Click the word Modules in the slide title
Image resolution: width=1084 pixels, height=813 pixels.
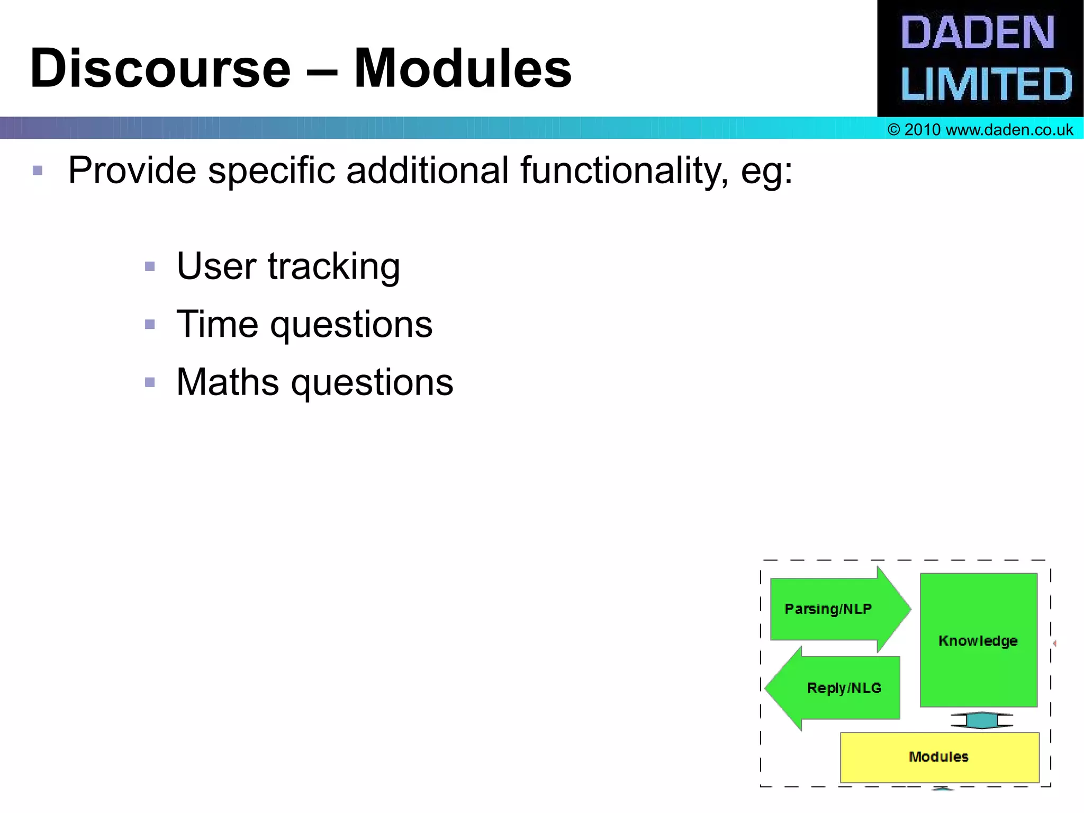(x=463, y=69)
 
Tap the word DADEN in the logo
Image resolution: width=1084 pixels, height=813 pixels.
(x=977, y=33)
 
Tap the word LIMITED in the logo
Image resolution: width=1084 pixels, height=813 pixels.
(x=986, y=85)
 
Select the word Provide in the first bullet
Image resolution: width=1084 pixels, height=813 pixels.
(x=132, y=171)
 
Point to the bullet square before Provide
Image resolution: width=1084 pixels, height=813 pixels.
(x=38, y=171)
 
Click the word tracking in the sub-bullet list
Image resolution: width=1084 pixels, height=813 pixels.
(x=333, y=266)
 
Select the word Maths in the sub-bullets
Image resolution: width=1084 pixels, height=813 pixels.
(x=228, y=382)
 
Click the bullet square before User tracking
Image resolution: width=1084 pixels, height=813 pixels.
(x=150, y=266)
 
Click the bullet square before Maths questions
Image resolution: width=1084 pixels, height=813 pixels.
(x=150, y=382)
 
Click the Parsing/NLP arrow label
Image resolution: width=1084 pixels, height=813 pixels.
(x=828, y=609)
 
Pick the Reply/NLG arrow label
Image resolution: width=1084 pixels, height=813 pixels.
(x=844, y=688)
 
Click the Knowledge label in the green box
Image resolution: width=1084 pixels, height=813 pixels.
(x=978, y=641)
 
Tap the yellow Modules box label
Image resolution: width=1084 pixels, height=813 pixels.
(x=938, y=757)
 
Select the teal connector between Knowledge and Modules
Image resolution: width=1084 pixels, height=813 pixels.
(x=981, y=720)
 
